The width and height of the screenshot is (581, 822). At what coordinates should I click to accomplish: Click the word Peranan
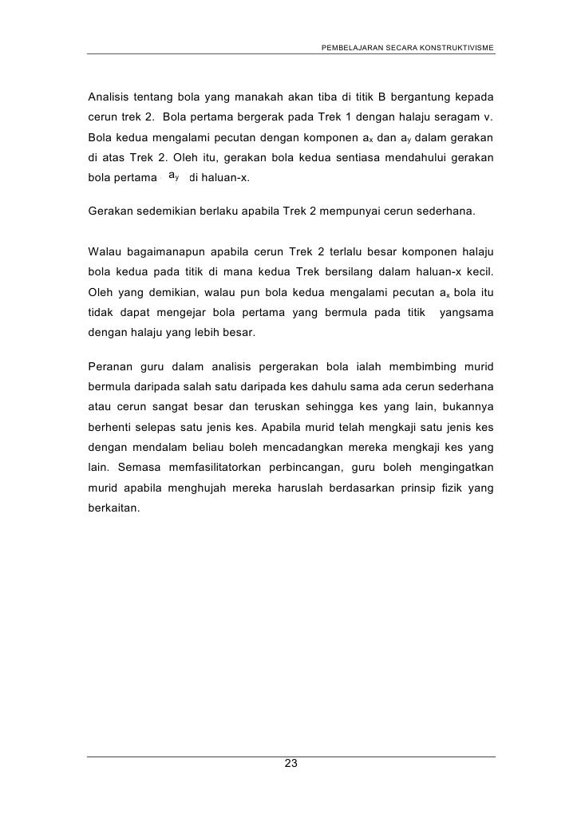click(x=110, y=366)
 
